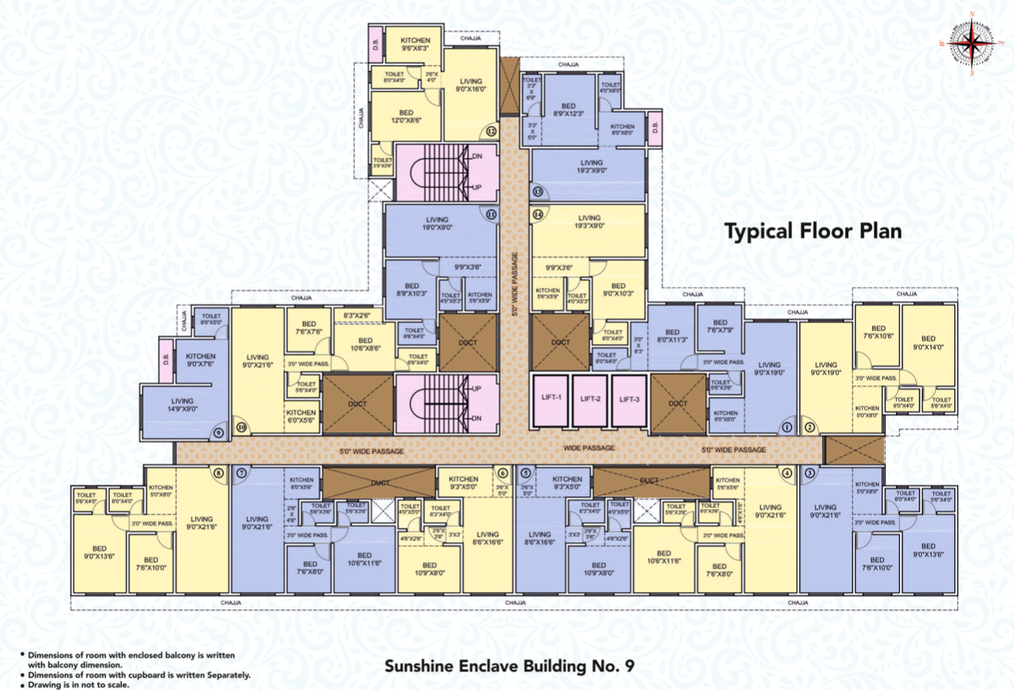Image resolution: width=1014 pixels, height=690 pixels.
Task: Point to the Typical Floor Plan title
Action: pos(812,232)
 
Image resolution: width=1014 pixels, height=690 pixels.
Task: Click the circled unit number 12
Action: pos(490,132)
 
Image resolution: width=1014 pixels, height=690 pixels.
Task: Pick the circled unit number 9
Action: pos(217,433)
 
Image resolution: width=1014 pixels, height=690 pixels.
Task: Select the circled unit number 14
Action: pos(538,214)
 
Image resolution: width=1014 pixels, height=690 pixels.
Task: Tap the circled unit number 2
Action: pos(809,427)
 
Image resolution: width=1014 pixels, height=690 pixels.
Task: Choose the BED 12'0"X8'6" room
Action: pos(406,116)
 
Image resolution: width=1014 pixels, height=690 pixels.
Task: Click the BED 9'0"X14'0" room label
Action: pos(928,343)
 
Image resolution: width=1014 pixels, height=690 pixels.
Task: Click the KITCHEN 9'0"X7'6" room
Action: pos(200,360)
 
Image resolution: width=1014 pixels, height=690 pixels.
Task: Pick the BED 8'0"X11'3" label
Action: pos(671,336)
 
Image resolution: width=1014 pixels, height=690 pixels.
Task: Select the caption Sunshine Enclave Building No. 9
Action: pos(509,667)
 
